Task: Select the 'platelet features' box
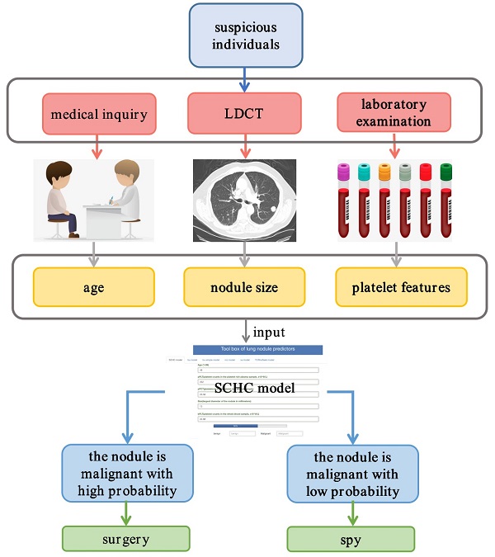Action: [x=402, y=288]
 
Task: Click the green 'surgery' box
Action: [x=126, y=539]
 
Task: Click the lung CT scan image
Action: [x=244, y=200]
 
